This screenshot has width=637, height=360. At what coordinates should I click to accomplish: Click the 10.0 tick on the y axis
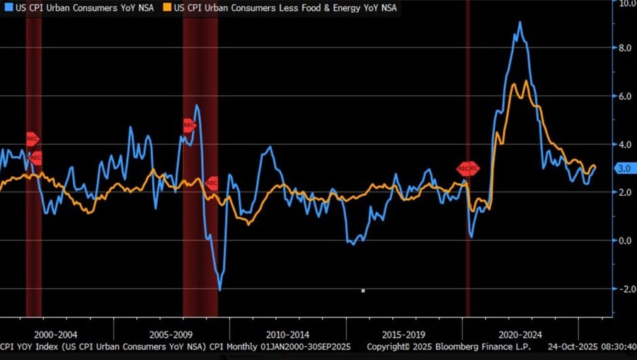(x=626, y=4)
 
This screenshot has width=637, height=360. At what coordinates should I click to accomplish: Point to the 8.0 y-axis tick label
(x=626, y=48)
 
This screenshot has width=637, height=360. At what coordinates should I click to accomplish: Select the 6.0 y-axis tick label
(x=626, y=96)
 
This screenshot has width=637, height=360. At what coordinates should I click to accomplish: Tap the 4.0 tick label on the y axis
(x=626, y=144)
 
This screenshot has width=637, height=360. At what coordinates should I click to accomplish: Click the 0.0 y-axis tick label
(x=626, y=240)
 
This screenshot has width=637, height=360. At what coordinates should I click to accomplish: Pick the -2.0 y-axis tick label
(x=624, y=289)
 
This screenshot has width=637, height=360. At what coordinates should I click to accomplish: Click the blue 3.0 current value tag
(x=624, y=168)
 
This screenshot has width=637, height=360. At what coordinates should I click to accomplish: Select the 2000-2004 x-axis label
(x=57, y=334)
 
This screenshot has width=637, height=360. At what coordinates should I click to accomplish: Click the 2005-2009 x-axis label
(x=172, y=334)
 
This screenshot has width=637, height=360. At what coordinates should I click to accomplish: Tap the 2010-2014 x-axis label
(x=288, y=334)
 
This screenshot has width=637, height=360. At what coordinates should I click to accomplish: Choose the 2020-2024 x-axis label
(x=520, y=334)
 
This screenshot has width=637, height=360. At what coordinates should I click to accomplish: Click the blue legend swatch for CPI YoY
(x=6, y=8)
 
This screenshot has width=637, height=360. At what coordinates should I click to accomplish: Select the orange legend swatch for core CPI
(x=168, y=8)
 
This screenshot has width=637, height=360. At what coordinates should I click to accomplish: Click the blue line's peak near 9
(x=520, y=22)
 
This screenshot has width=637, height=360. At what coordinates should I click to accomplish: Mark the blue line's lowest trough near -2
(x=220, y=289)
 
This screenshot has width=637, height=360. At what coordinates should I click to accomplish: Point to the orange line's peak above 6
(x=527, y=81)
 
